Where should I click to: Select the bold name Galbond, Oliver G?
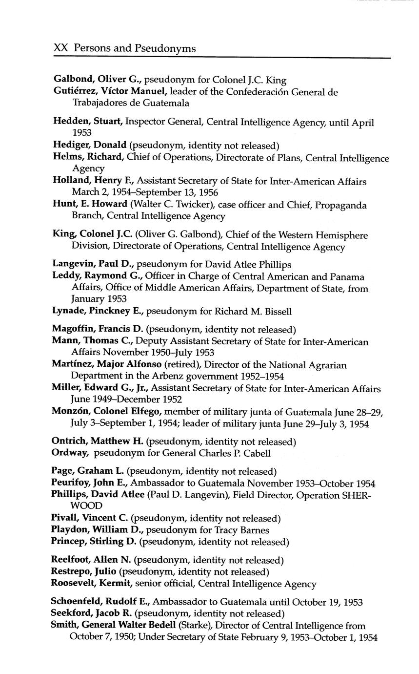[x=97, y=80]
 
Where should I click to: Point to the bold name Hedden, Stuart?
[x=87, y=122]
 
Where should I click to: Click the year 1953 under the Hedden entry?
[x=82, y=132]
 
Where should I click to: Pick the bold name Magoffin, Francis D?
[x=98, y=330]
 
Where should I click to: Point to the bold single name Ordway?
[x=70, y=453]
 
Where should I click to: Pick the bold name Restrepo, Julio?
[x=83, y=571]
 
